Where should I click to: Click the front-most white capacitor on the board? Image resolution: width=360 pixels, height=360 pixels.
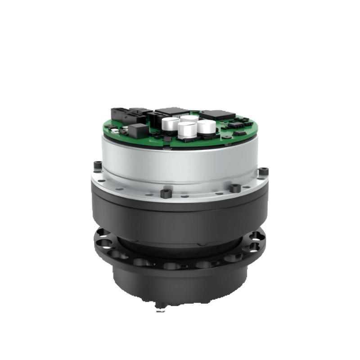coord(187,130)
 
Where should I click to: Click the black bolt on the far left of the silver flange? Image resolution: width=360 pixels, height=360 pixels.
coord(97,166)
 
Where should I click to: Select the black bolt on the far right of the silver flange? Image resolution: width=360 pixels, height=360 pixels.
coord(264,171)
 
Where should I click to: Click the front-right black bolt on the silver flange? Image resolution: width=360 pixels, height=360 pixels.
coord(234,188)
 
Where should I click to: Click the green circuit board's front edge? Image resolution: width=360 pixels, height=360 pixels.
coord(180,145)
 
